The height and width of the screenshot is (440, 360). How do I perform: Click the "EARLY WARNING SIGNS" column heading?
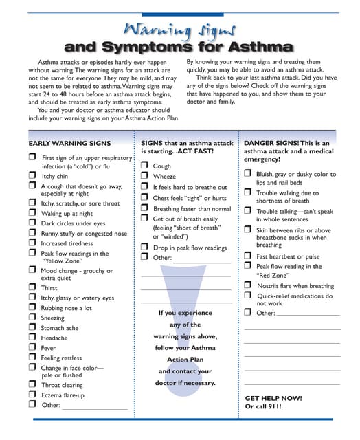tap(69, 143)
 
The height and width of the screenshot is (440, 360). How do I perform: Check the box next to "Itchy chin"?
tap(32, 176)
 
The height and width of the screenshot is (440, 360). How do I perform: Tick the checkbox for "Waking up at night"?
tap(32, 213)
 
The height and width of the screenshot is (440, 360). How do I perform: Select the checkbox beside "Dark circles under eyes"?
tap(32, 223)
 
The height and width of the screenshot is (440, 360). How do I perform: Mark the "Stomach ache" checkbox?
tap(32, 328)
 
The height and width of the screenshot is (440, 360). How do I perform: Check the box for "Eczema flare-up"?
tap(32, 395)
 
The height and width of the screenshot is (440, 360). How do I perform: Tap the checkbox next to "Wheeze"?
tap(144, 176)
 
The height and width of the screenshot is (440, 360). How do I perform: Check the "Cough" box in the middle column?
tap(144, 166)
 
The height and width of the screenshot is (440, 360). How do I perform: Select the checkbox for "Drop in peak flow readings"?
tap(144, 247)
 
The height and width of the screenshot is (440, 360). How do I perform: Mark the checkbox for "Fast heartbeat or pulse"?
tap(247, 256)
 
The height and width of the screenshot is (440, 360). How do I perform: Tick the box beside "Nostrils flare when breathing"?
tap(247, 285)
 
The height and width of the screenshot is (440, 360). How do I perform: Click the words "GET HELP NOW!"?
tap(273, 398)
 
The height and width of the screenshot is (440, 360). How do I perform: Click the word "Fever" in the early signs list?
tap(48, 348)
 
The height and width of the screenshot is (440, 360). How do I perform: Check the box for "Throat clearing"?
tap(32, 384)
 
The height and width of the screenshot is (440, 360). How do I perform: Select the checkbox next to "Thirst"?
tap(32, 288)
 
